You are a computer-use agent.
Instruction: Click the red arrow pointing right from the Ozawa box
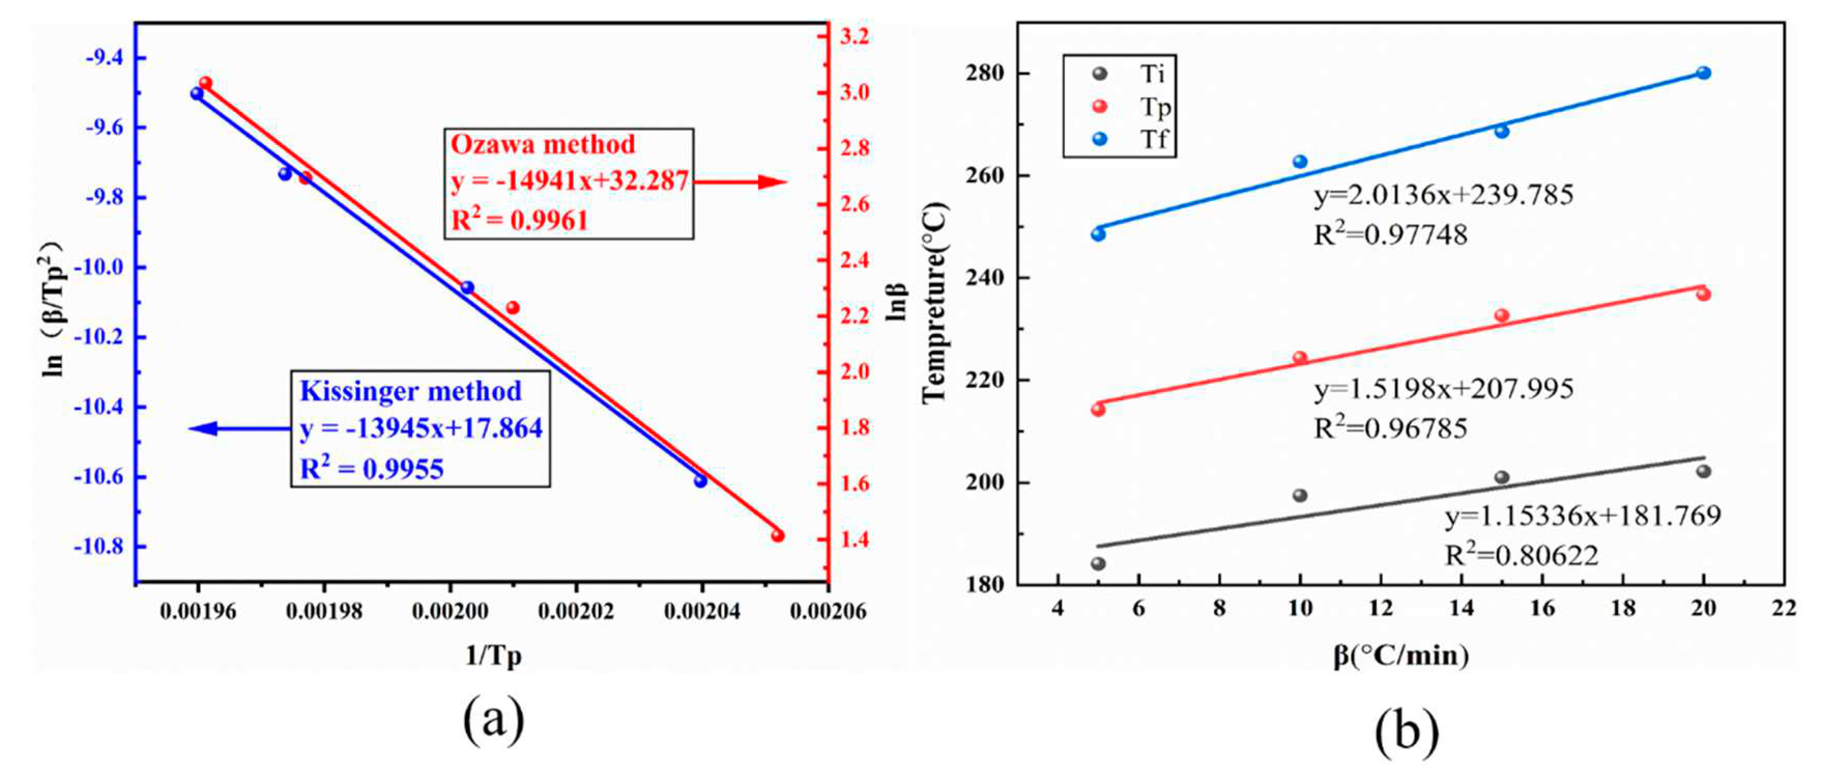[740, 182]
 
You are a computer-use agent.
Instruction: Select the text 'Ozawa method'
[543, 144]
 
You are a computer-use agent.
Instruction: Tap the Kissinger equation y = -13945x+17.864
[421, 428]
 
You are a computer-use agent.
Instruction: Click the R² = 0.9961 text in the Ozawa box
[519, 220]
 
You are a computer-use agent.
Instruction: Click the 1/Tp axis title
[493, 656]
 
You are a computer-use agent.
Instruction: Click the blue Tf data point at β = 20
[1703, 73]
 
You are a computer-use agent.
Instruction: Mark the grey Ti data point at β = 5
[1098, 564]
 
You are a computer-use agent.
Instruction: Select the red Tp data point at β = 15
[1502, 315]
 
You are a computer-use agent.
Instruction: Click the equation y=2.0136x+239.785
[1444, 195]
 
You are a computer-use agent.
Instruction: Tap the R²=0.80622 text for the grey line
[1522, 556]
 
